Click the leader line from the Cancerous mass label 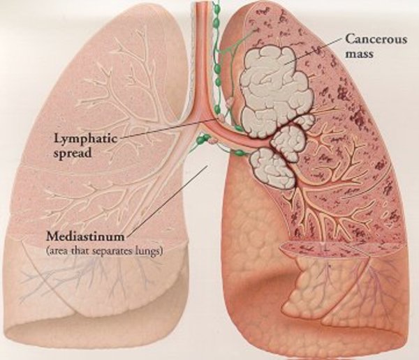[x=307, y=52]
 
